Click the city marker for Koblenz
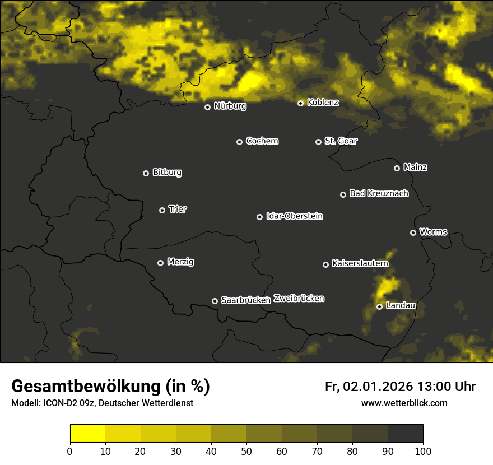(x=300, y=103)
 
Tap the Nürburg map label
(x=230, y=106)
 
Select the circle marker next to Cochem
(x=239, y=142)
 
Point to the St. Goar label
(x=341, y=141)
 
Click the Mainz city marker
(x=397, y=168)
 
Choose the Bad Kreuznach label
(x=379, y=193)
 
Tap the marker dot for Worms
(x=413, y=232)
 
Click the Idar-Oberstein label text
(x=294, y=216)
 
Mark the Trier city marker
(x=162, y=210)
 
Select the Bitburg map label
(x=167, y=173)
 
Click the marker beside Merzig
(x=160, y=263)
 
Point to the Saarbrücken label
(x=245, y=300)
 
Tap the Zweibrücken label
(x=299, y=299)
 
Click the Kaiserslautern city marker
(x=325, y=264)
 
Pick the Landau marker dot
(x=379, y=306)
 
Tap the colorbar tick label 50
(x=246, y=451)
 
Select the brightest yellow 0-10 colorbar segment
(x=87, y=434)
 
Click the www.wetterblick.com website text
(x=404, y=403)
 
